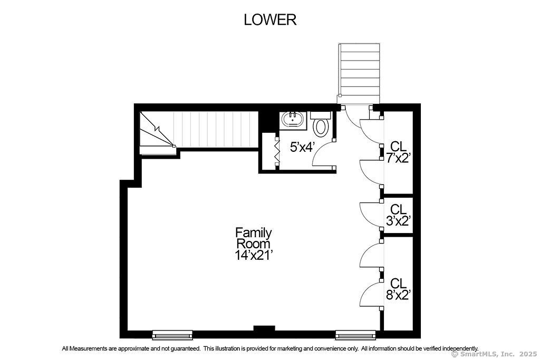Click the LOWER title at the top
point(270,20)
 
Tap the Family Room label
point(253,238)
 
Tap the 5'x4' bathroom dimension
point(302,147)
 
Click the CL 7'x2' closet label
point(398,152)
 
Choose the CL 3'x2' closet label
point(399,215)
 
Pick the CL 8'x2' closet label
point(399,289)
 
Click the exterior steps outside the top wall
point(359,73)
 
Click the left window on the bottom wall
point(172,335)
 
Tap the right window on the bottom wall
point(356,335)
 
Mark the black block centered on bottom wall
point(264,328)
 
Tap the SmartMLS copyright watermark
point(494,354)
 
